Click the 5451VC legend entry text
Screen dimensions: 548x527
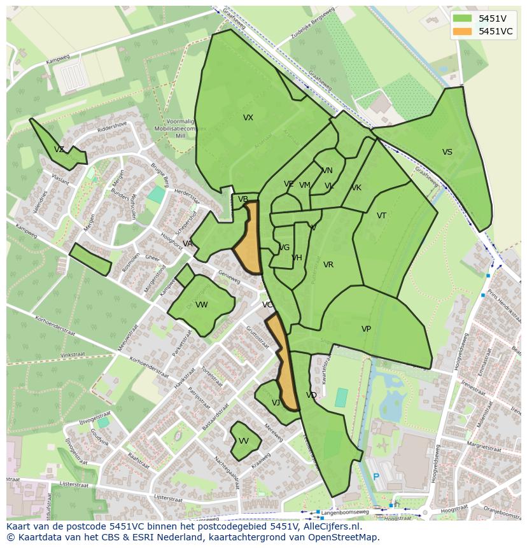[495, 31]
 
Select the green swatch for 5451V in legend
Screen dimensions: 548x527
[463, 18]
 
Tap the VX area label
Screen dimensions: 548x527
[248, 118]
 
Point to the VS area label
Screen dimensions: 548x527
[447, 152]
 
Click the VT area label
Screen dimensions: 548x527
[381, 216]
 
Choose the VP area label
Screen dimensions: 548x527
[366, 329]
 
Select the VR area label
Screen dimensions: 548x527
[328, 265]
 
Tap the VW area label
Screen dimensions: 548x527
[202, 305]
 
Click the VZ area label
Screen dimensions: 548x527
[59, 150]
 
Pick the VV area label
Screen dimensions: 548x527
[244, 441]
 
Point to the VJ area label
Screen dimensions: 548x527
[276, 403]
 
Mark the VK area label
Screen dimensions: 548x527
[356, 188]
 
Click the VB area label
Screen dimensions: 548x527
[243, 199]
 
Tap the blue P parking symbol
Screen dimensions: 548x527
[376, 477]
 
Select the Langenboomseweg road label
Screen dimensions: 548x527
[345, 512]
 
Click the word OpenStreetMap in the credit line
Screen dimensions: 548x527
[343, 537]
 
